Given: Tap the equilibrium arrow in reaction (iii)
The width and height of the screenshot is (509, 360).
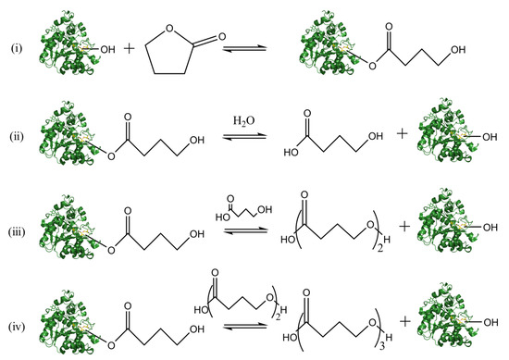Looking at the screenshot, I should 237,231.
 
